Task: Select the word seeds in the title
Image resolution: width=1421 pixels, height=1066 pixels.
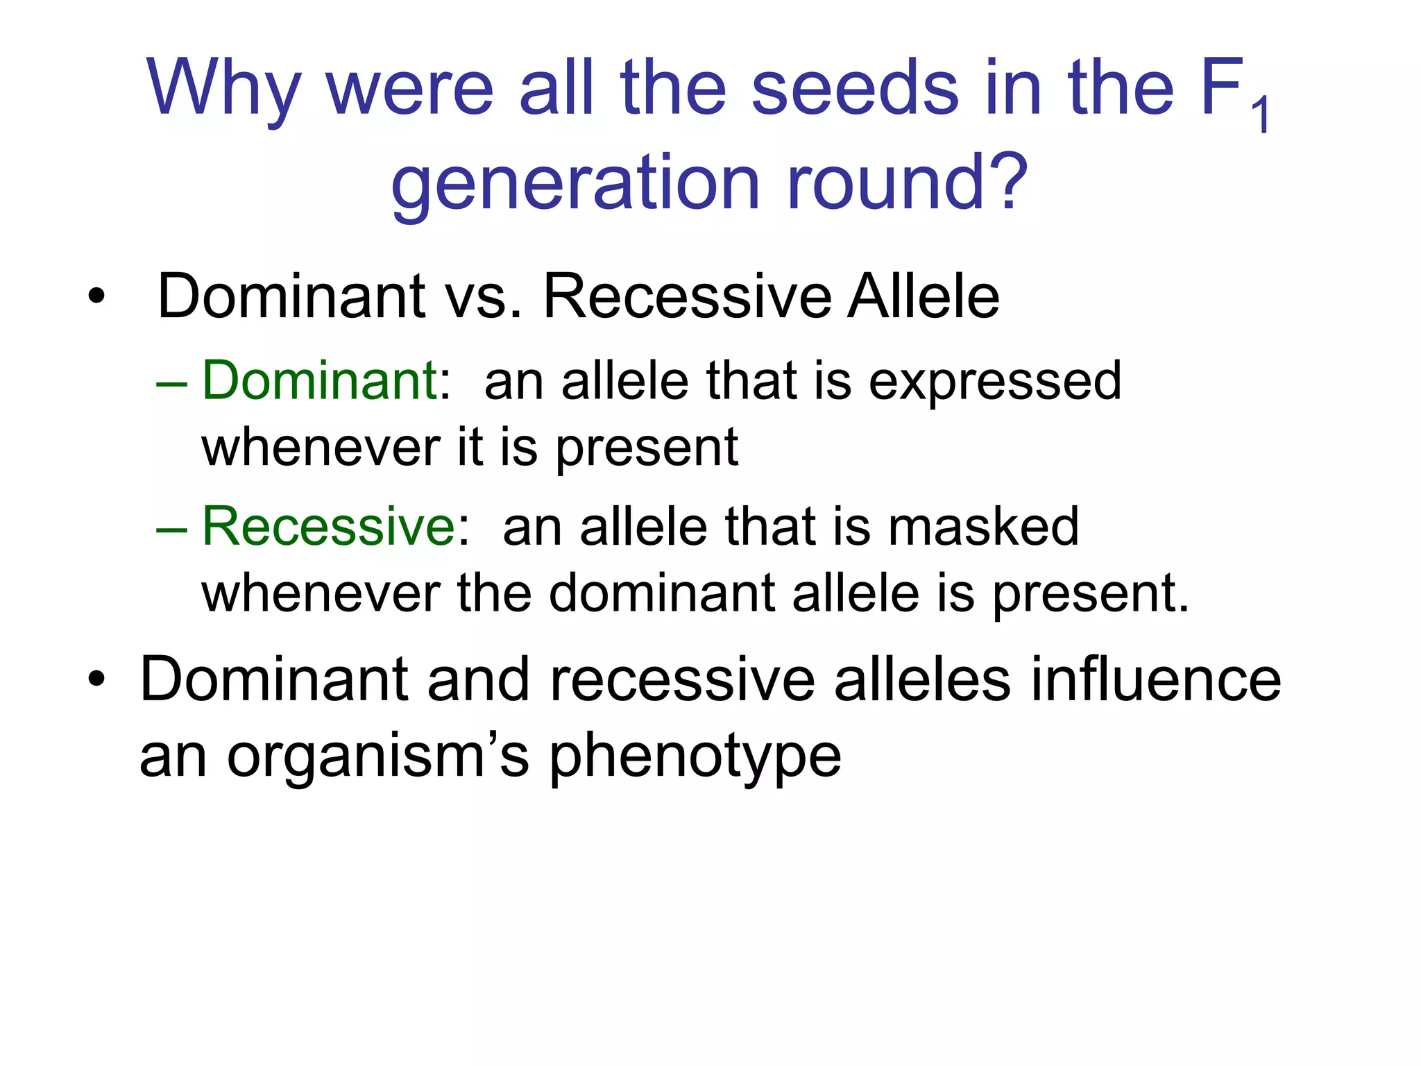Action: (855, 88)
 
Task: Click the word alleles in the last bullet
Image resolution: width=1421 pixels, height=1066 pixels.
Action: (922, 680)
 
